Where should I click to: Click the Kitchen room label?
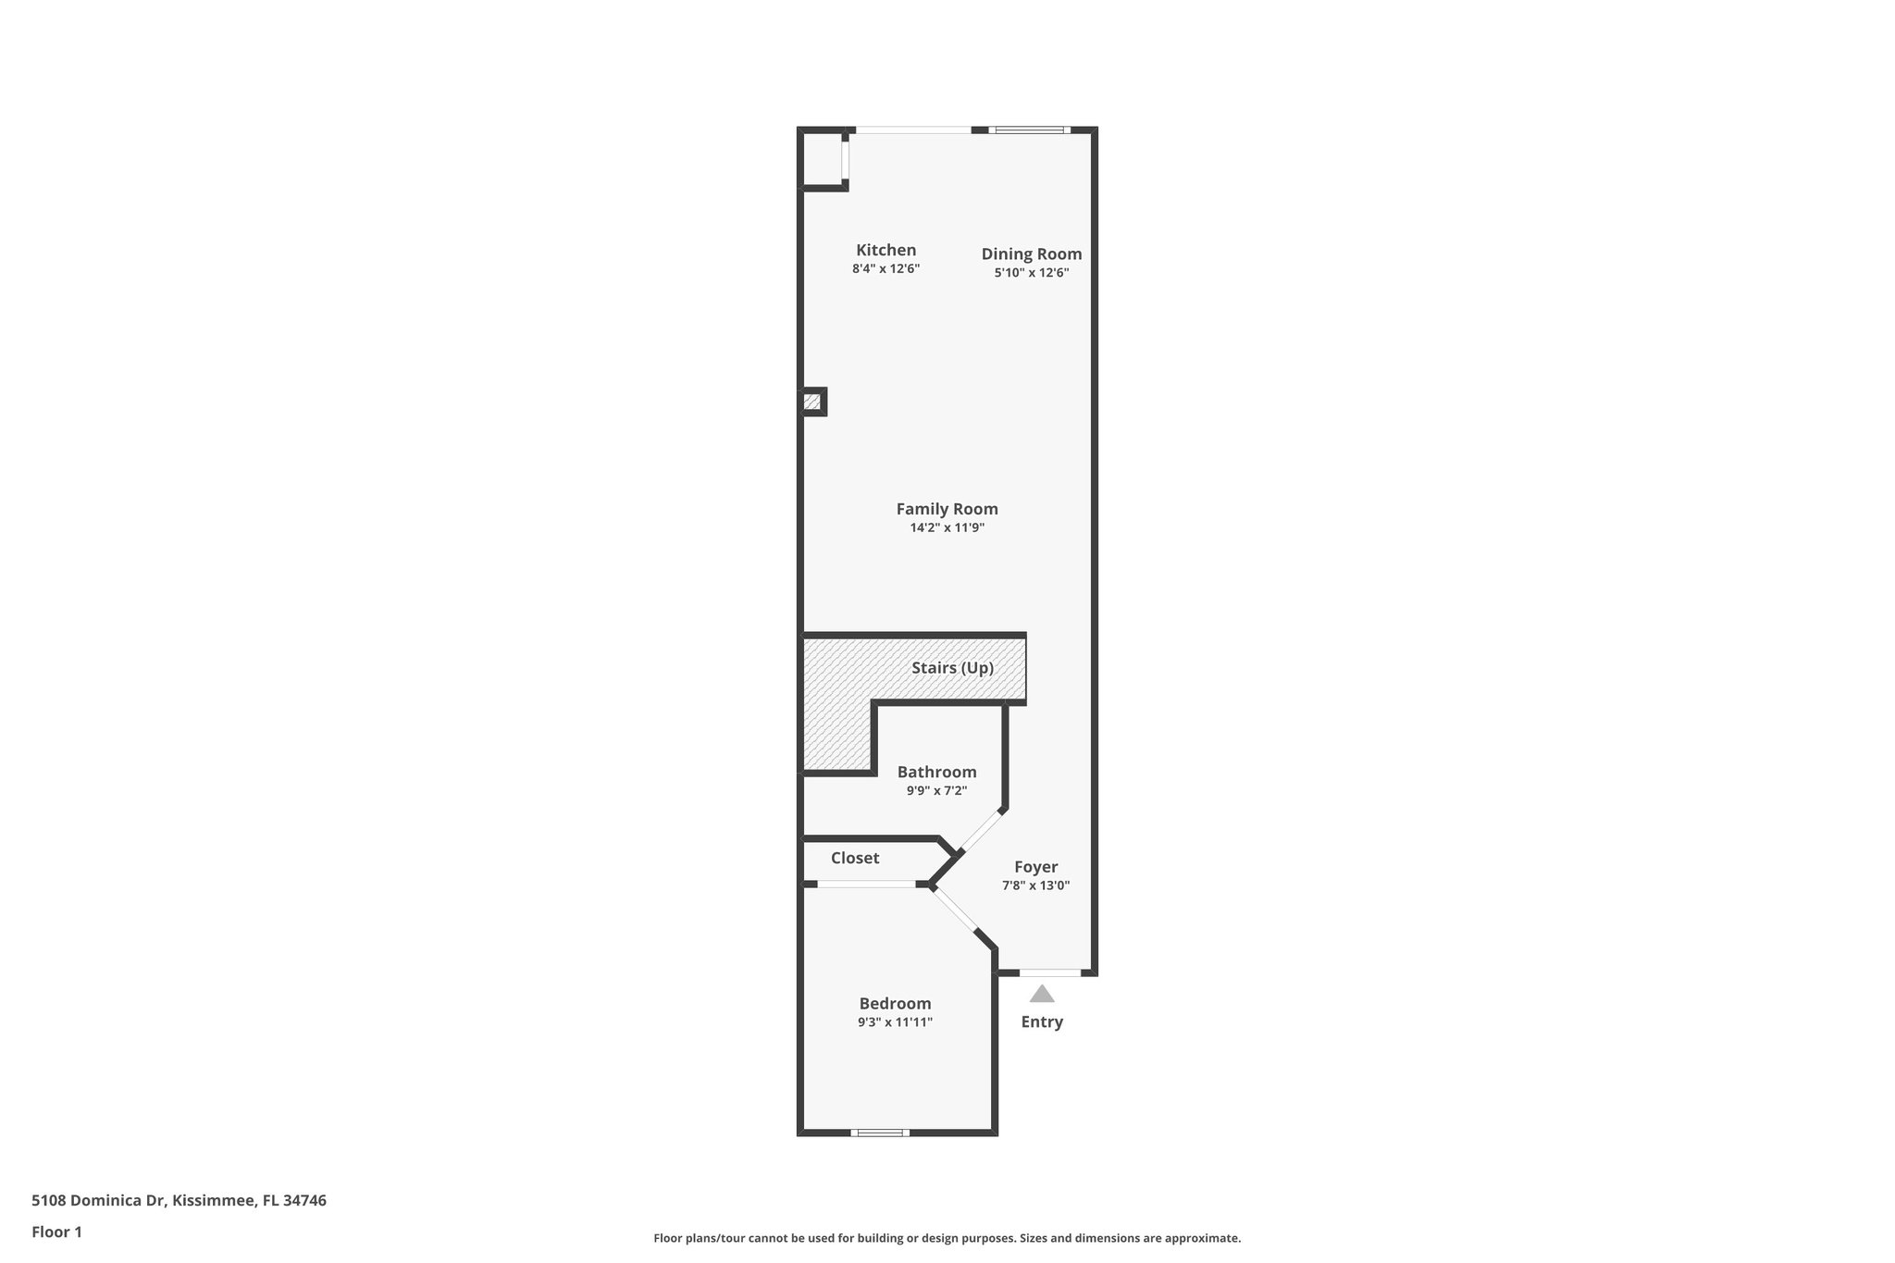click(886, 250)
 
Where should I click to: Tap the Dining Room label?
click(1031, 254)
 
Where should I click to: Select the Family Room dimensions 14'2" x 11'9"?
click(947, 528)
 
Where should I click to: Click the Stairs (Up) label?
click(952, 668)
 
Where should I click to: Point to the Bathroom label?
click(936, 772)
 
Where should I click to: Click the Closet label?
click(854, 858)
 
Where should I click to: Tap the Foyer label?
click(1035, 867)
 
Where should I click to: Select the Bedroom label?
click(895, 1004)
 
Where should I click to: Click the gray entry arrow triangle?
click(1042, 995)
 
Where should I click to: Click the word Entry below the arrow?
click(1042, 1022)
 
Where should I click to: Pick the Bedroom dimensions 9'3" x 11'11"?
click(895, 1022)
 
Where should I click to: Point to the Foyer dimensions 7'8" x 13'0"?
click(1035, 885)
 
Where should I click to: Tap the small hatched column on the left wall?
click(811, 402)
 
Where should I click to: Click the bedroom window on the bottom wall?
click(880, 1132)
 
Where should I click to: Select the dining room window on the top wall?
click(1029, 130)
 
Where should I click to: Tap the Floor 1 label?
click(56, 1232)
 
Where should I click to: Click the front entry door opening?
click(1050, 972)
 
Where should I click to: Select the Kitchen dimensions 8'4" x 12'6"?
click(886, 269)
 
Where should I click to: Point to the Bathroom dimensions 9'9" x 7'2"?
click(936, 791)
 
